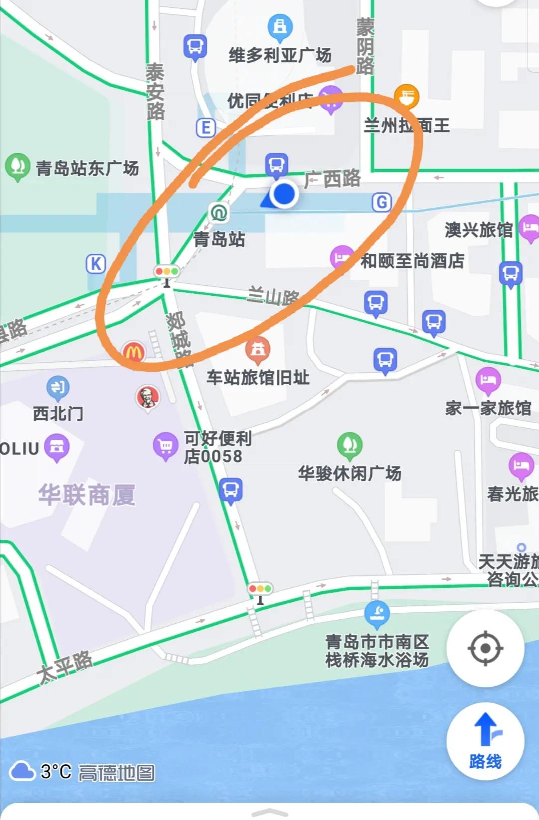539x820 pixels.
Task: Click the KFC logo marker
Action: pos(148,397)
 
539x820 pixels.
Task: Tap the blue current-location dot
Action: pos(284,194)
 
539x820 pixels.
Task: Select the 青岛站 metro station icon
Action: pos(218,212)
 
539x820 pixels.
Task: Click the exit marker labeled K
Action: pos(96,264)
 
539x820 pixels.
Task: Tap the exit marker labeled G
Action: pos(382,202)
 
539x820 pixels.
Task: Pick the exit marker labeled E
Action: pos(205,128)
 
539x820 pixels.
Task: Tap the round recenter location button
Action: pos(485,648)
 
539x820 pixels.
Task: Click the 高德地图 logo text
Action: pos(116,773)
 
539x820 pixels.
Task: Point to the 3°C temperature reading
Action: pos(56,772)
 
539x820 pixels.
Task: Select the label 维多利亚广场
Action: pos(279,55)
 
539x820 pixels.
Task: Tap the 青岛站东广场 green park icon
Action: pos(17,165)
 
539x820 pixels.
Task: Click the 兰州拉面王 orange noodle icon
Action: pos(406,96)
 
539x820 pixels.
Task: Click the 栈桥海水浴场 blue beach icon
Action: pos(377,612)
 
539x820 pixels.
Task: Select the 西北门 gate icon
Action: pos(58,387)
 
